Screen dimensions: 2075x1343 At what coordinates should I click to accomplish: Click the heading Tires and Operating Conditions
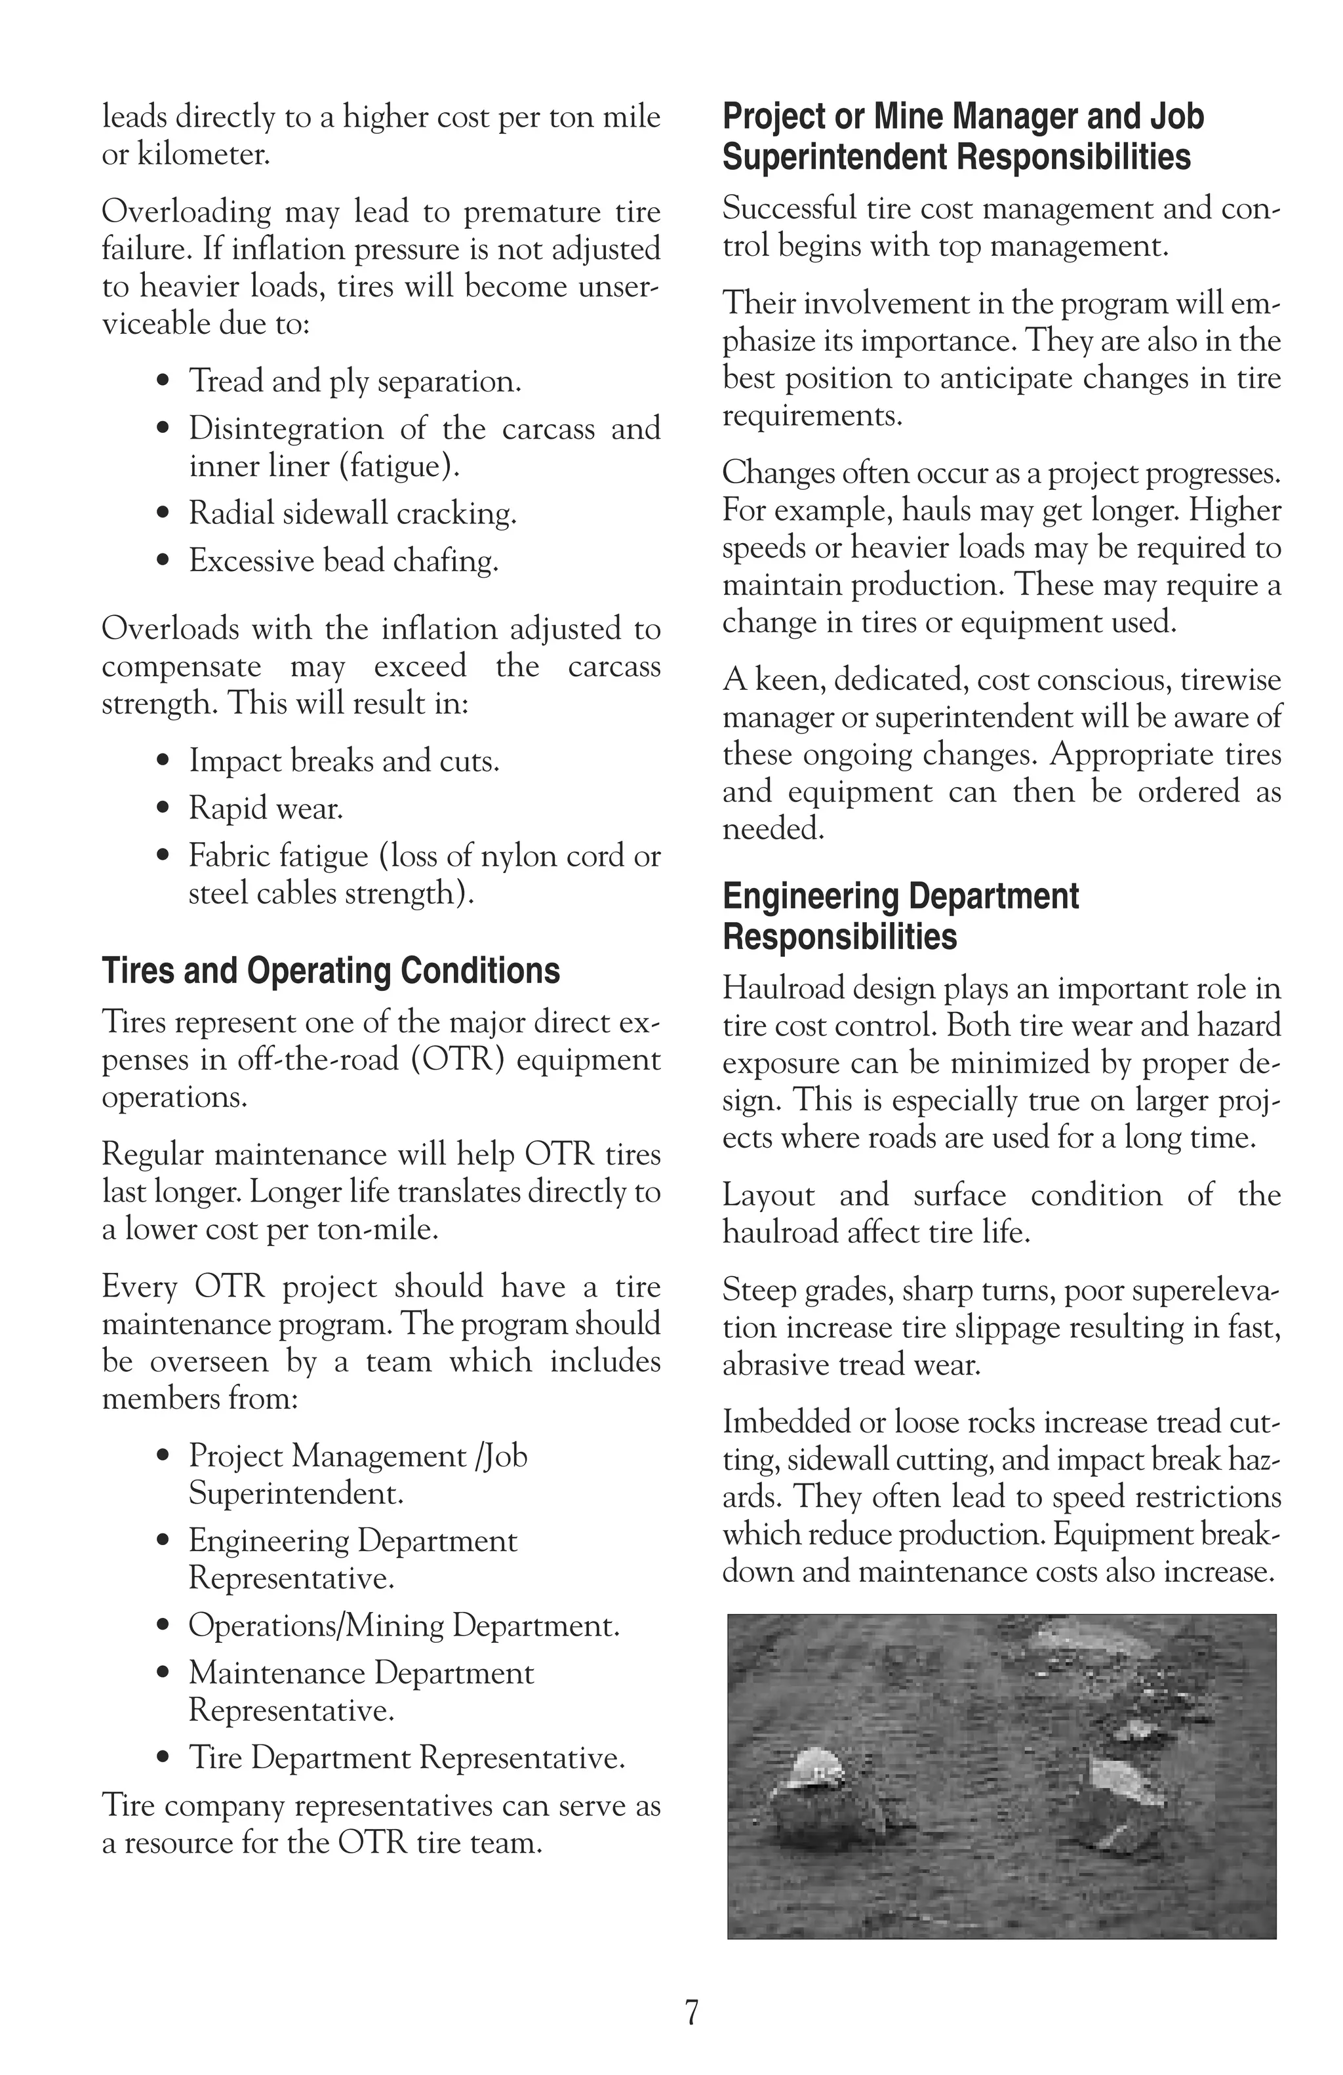[x=331, y=971]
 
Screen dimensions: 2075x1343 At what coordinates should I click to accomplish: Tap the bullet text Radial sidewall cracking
[x=352, y=513]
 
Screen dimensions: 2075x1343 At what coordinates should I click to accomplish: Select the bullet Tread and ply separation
[x=355, y=381]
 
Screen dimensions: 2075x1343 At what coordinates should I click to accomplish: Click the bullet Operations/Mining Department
[x=403, y=1625]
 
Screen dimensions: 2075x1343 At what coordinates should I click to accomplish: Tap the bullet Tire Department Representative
[x=406, y=1758]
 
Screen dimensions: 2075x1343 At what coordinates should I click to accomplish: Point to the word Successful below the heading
[x=789, y=209]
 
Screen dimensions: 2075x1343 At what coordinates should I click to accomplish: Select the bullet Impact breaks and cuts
[x=344, y=761]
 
